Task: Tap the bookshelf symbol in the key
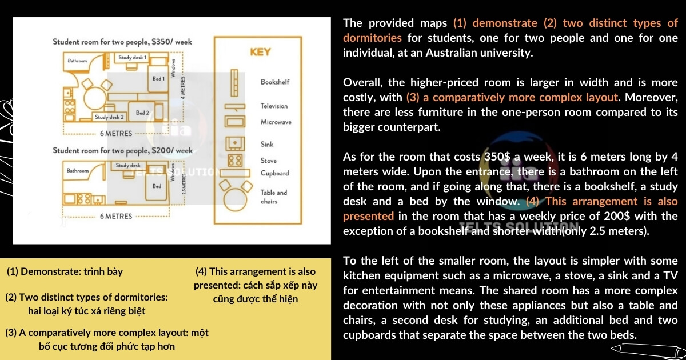234,82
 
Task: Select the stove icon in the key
234,161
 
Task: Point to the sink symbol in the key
234,143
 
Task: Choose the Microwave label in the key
276,122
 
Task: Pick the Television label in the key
274,106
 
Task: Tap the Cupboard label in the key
275,173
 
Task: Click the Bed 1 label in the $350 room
158,78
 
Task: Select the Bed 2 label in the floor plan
142,113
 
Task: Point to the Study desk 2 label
110,117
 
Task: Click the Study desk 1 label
133,58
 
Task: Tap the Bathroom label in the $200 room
78,170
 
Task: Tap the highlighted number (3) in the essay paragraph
412,97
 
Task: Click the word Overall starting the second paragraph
361,82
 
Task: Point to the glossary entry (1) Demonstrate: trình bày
65,271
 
